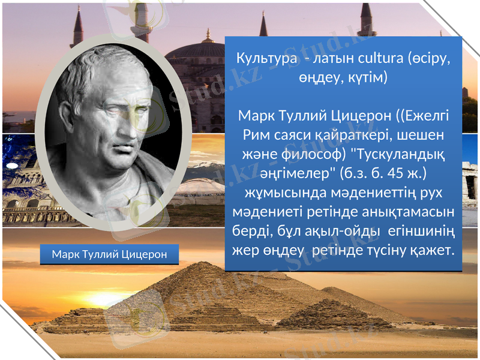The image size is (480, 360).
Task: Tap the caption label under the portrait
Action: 109,254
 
